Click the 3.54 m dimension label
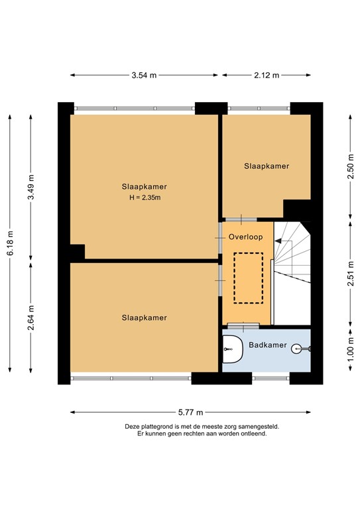[144, 75]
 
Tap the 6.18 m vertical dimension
[9, 242]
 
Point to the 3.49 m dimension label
[31, 186]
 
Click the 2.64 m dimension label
[31, 317]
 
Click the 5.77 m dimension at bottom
[190, 412]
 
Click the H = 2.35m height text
[144, 198]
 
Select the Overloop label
[246, 237]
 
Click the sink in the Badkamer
[231, 349]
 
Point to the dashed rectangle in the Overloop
[248, 278]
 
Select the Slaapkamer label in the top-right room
[267, 166]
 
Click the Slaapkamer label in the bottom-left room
[144, 317]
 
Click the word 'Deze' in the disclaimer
[133, 427]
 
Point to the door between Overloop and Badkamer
[243, 325]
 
